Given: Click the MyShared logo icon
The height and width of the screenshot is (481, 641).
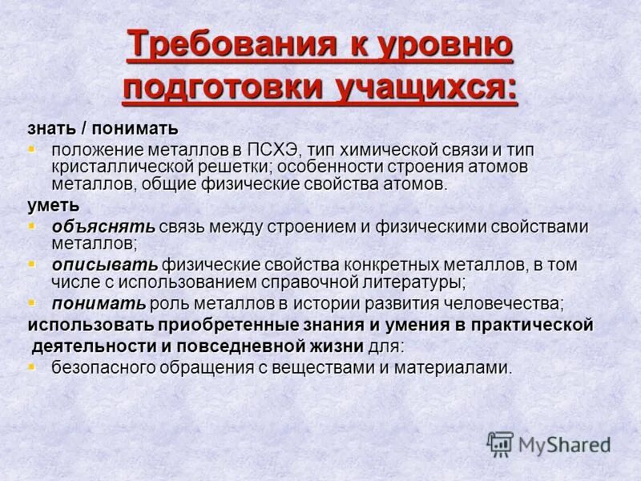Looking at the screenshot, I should pos(500,443).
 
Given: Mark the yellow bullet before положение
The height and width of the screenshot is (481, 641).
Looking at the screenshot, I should pos(32,149).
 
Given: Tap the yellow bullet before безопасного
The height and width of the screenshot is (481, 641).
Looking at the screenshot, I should pos(32,367).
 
